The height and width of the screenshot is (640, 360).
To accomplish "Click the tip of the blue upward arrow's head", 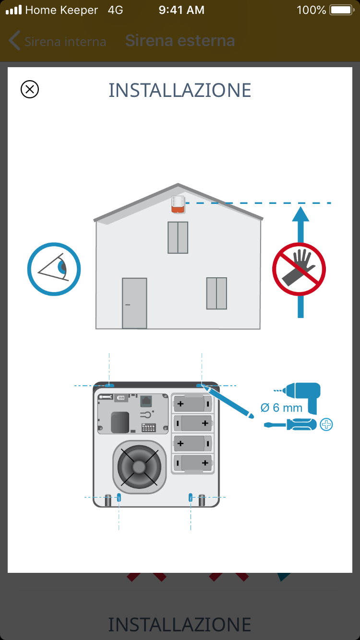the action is point(300,207).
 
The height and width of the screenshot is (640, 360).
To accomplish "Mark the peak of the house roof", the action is point(178,184).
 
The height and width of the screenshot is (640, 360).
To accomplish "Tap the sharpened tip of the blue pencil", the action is point(203,385).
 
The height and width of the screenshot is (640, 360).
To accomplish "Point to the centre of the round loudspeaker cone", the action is point(139,467).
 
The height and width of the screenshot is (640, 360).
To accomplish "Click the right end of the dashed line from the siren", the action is point(331,203).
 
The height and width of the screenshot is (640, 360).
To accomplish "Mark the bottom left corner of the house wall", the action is point(96,329).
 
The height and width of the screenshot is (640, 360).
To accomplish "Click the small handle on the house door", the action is point(128,305).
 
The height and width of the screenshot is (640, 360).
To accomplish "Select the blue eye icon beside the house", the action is point(54,269).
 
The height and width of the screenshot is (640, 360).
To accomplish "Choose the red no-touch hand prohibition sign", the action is point(299,269).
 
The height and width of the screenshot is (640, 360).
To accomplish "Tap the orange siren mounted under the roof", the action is point(178,204).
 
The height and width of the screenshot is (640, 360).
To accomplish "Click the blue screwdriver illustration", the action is point(290,424).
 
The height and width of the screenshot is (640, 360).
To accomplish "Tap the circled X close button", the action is point(30,89).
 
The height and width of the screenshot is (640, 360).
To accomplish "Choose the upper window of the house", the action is point(178,237).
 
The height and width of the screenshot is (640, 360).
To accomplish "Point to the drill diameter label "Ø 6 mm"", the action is point(281,408).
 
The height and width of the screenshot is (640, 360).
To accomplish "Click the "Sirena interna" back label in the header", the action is point(65,42).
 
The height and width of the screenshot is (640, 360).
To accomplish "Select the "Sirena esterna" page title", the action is point(180,40).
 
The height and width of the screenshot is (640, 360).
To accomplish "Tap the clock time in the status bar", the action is point(181,10).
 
